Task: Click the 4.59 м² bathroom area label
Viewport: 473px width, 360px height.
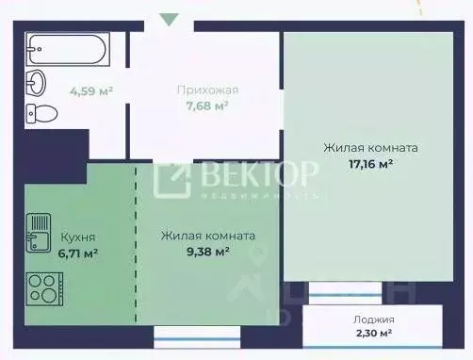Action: click(x=91, y=91)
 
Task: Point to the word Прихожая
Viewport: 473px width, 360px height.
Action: click(x=207, y=90)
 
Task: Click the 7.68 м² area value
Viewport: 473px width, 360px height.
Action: click(x=207, y=106)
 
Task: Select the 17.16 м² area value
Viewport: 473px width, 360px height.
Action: click(x=370, y=163)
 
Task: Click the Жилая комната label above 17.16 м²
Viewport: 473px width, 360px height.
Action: click(x=370, y=148)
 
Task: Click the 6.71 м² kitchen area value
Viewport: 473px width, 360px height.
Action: click(x=78, y=253)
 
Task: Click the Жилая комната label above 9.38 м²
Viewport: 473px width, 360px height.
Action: click(x=207, y=236)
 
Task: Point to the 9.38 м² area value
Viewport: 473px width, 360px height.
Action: click(x=207, y=252)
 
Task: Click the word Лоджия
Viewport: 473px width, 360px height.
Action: click(x=375, y=319)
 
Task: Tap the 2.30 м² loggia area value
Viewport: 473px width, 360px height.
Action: click(x=375, y=334)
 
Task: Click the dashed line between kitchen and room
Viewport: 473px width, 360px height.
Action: click(x=137, y=245)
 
